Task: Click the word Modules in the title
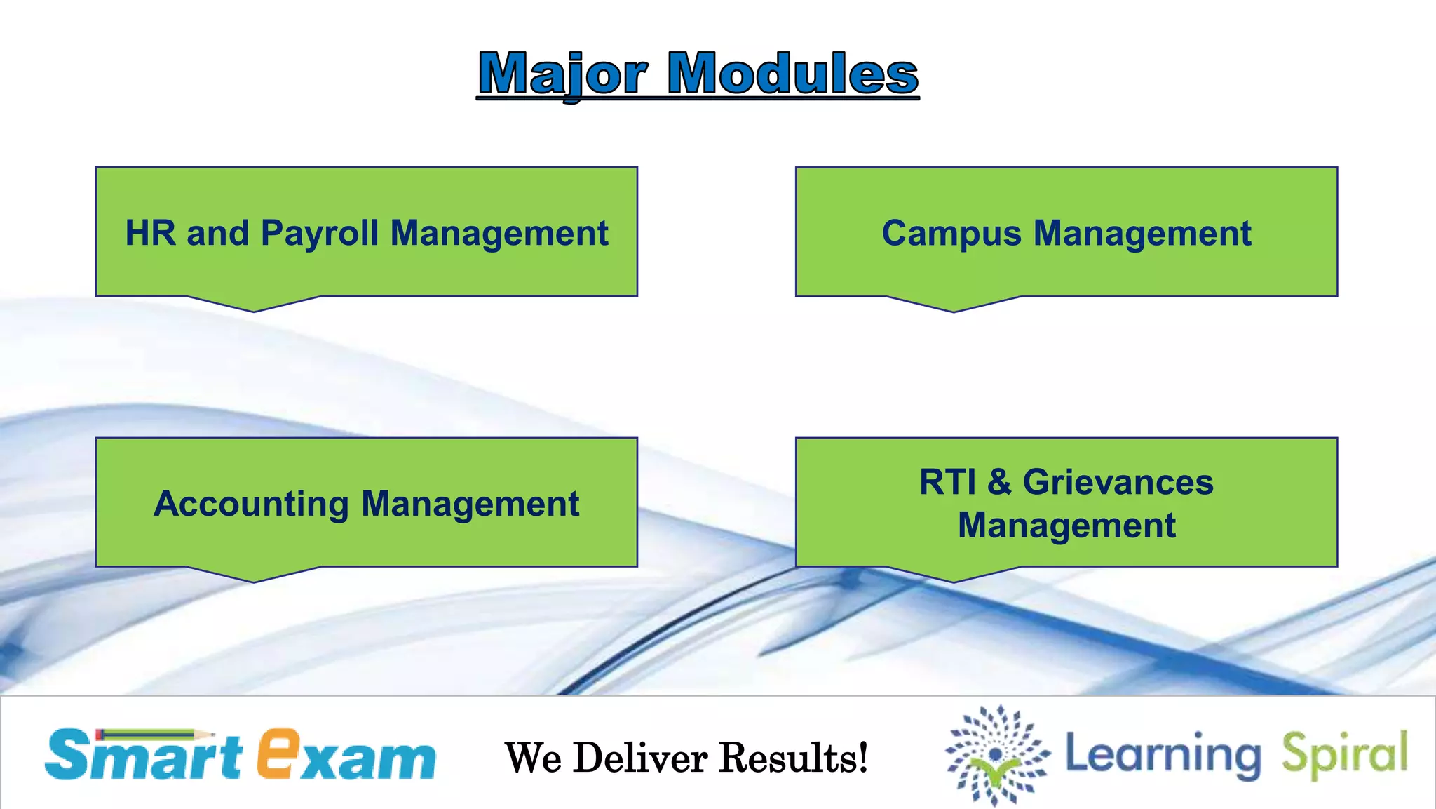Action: click(x=792, y=74)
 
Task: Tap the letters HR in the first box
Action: click(x=150, y=233)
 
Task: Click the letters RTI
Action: click(x=947, y=483)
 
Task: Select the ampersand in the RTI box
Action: click(x=999, y=483)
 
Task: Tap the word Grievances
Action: click(x=1118, y=483)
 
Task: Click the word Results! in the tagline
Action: click(x=794, y=758)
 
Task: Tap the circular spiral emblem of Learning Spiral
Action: click(x=997, y=755)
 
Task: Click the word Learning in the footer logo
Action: click(x=1163, y=755)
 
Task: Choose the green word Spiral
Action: click(x=1344, y=755)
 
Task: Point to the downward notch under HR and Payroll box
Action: click(x=254, y=304)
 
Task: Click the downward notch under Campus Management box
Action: click(x=954, y=305)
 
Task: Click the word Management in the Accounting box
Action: click(x=470, y=504)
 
